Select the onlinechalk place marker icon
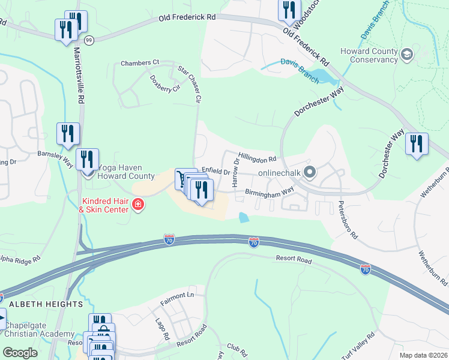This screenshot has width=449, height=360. [x=310, y=173]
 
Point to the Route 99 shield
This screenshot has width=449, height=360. [x=89, y=40]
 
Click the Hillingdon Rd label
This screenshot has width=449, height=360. [x=257, y=156]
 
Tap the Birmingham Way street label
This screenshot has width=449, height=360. [x=269, y=191]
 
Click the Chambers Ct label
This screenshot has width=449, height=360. [x=139, y=62]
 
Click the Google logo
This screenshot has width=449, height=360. [x=20, y=352]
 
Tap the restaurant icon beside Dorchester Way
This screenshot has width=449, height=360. [x=417, y=144]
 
